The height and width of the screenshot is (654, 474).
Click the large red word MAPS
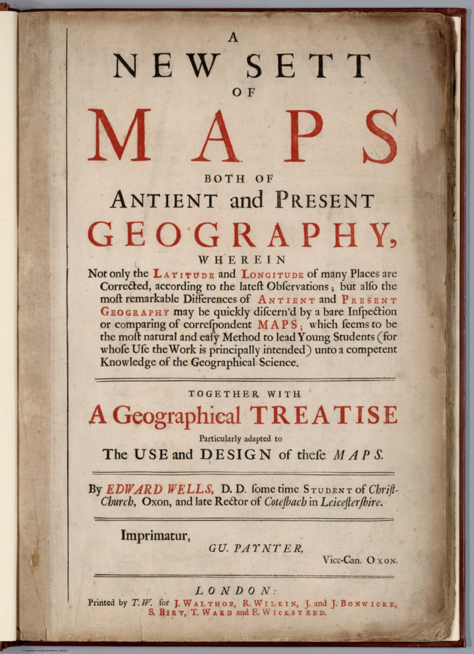243,136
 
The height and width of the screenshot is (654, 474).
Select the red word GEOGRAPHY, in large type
242,235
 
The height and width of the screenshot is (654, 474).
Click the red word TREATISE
324,415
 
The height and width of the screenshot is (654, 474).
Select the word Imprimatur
155,535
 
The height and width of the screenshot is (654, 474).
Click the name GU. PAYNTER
256,548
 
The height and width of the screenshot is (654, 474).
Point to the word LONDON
236,591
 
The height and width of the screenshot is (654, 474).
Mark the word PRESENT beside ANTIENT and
325,200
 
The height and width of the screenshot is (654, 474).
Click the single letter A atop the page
233,37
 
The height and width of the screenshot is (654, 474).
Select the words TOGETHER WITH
244,394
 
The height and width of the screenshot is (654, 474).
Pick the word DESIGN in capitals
236,454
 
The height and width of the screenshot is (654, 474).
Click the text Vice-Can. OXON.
360,560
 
